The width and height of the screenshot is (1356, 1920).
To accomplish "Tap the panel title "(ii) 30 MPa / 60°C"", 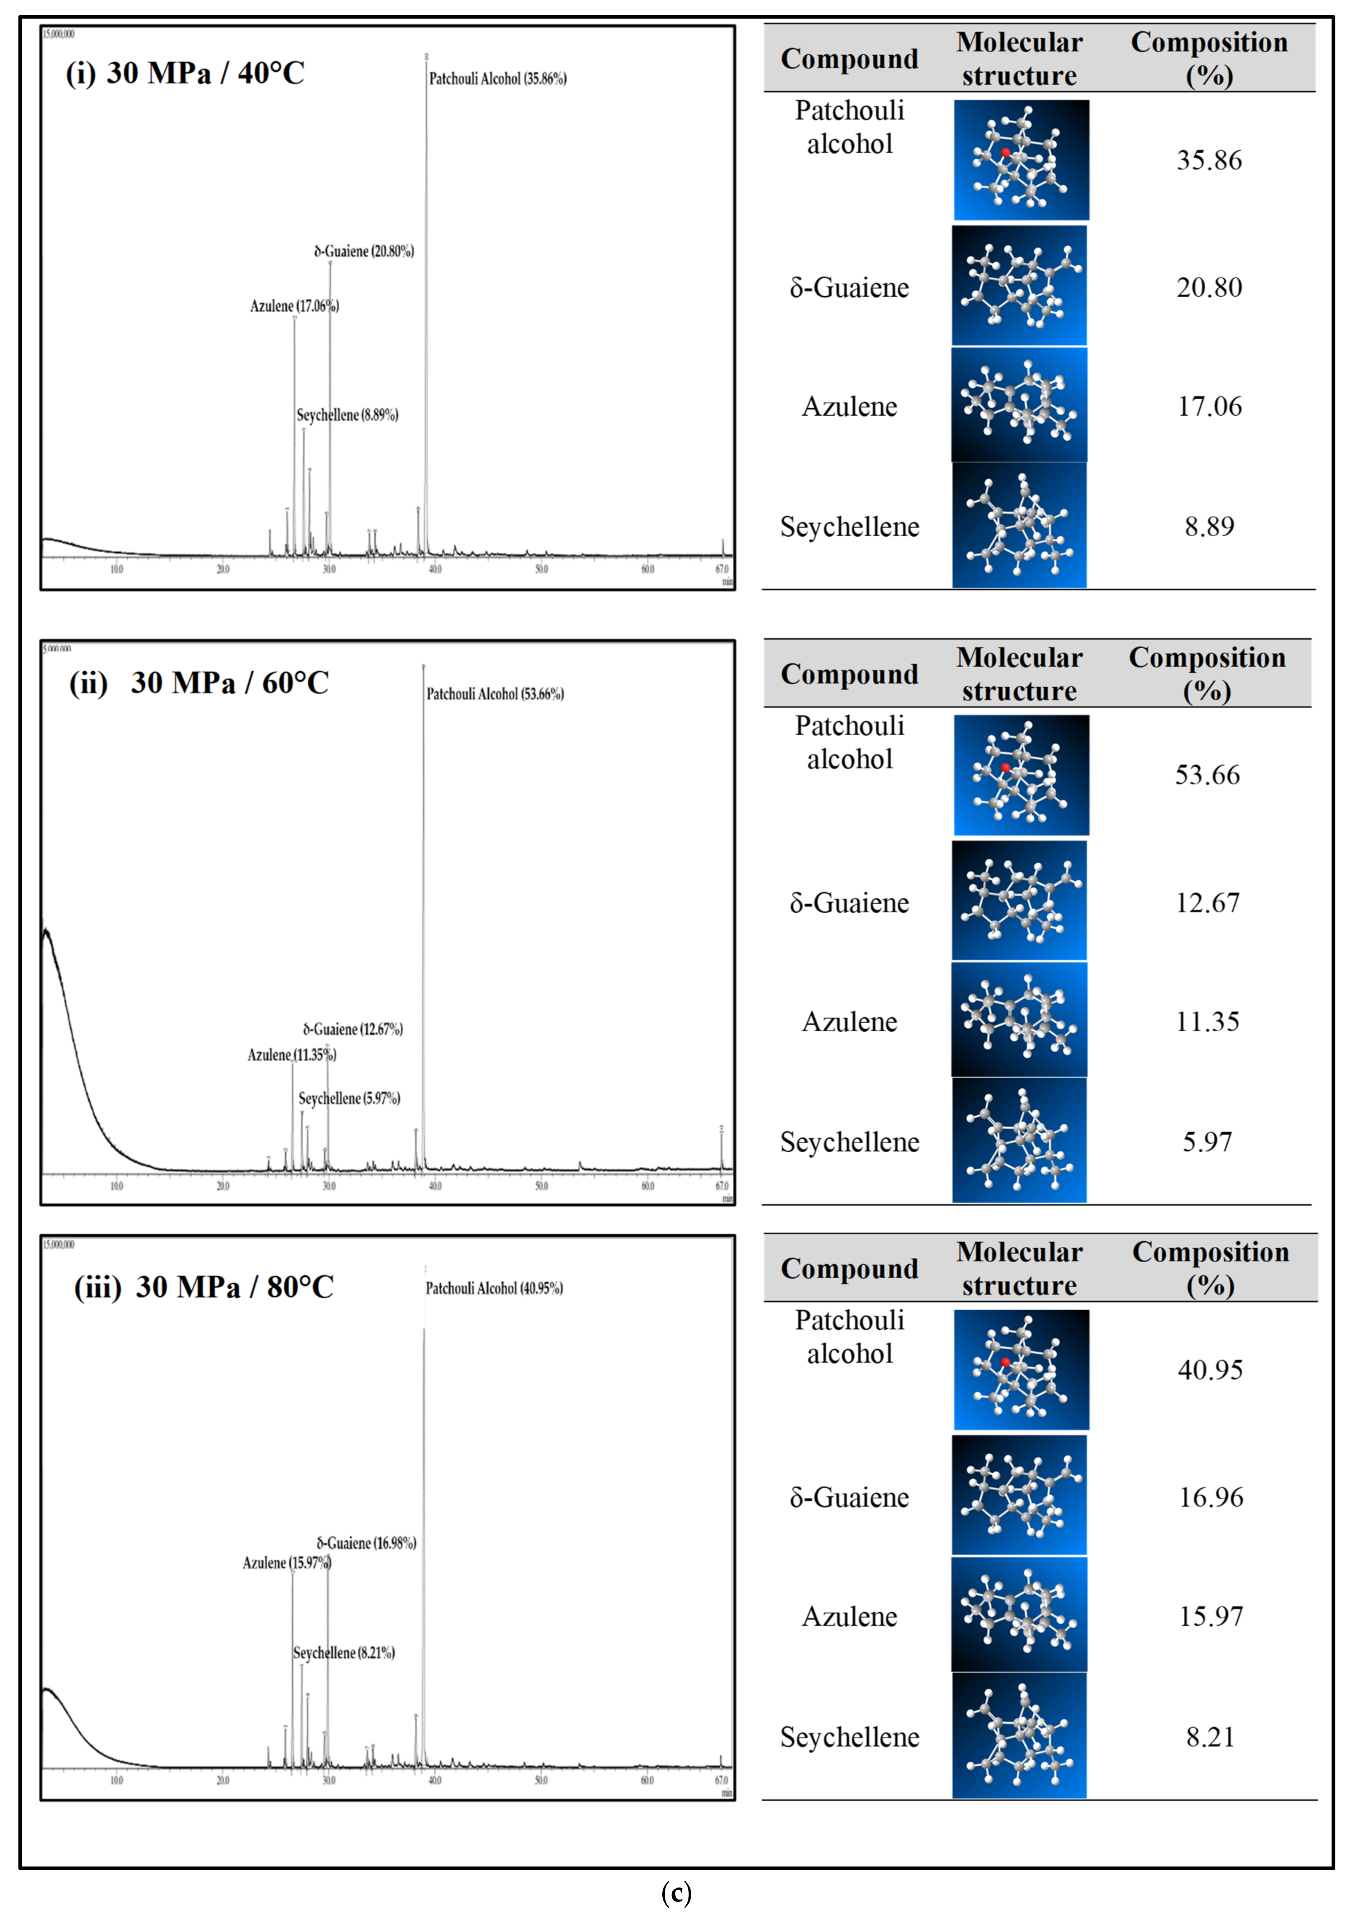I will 199,683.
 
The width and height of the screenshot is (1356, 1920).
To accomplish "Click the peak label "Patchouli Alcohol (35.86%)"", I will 498,79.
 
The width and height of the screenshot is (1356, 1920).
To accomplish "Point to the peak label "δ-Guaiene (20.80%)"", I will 364,251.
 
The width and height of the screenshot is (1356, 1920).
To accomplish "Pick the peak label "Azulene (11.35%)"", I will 292,1055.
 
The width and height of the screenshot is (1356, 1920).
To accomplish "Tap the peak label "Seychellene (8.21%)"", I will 344,1653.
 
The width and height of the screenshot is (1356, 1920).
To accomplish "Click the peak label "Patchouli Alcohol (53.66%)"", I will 495,694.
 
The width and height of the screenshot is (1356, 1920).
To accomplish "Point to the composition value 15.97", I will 1211,1616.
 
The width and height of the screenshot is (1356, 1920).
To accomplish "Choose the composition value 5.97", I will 1207,1142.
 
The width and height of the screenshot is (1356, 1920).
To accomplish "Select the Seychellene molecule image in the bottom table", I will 1019,1736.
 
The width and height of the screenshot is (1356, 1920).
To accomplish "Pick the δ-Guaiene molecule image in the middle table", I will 1019,901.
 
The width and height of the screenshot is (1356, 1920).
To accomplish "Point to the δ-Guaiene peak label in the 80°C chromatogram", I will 366,1543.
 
